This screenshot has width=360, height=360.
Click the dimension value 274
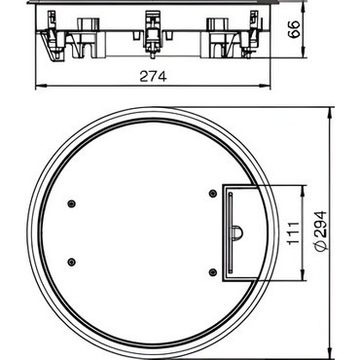153,77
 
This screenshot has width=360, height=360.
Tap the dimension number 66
295,29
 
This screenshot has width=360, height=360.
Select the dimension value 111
294,234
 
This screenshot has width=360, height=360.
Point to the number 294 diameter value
321,225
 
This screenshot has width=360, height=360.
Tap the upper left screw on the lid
71,203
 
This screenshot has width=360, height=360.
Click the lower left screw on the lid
71,262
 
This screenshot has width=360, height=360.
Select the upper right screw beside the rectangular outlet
212,194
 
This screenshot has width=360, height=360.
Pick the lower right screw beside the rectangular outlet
212,271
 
